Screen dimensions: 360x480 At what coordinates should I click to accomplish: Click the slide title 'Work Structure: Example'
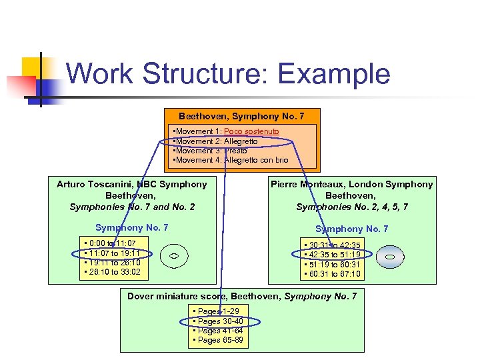[x=228, y=73]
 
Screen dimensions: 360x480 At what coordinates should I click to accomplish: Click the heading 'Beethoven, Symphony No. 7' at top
[x=241, y=117]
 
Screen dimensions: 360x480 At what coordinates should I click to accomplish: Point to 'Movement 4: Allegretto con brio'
[x=231, y=160]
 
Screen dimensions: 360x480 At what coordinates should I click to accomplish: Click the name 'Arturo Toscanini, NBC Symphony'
[x=132, y=185]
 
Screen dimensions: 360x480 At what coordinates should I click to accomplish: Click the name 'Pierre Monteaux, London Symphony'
[x=351, y=185]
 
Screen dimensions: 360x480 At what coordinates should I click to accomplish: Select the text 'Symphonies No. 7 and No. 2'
[x=132, y=207]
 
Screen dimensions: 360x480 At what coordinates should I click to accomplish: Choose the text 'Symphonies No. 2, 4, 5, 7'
[x=351, y=207]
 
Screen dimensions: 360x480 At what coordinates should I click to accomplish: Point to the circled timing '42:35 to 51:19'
[x=331, y=255]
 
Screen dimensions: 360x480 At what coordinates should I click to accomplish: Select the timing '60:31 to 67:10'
[x=331, y=273]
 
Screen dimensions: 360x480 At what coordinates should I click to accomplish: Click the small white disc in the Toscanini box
[x=171, y=256]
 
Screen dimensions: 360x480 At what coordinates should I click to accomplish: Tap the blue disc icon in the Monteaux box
[x=391, y=257]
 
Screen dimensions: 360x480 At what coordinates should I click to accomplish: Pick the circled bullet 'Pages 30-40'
[x=220, y=321]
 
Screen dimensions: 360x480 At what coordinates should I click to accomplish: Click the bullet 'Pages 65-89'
[x=220, y=340]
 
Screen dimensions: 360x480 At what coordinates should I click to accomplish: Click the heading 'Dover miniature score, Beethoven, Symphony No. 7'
[x=242, y=296]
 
